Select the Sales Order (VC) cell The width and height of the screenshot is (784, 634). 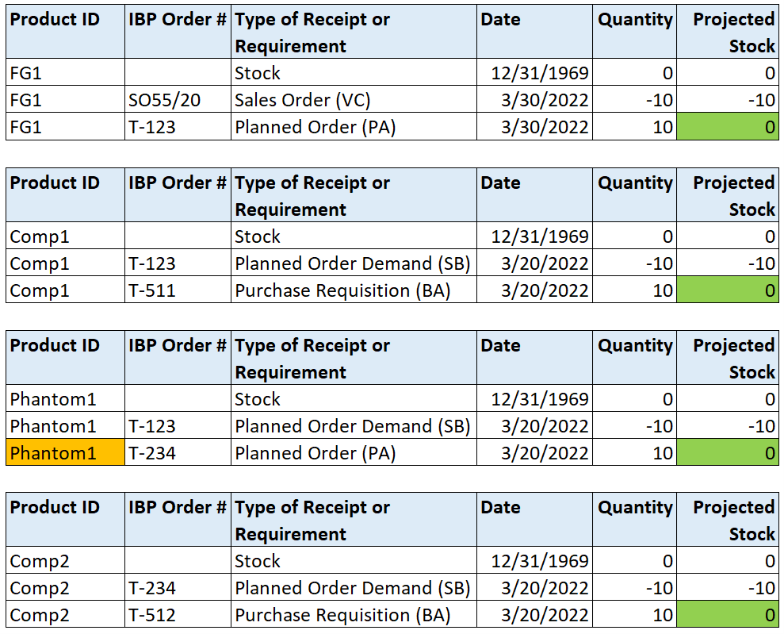tap(302, 100)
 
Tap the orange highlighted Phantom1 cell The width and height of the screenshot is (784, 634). tap(65, 453)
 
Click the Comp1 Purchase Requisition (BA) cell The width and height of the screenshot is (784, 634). tap(342, 290)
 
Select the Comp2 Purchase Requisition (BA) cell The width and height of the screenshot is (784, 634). tap(342, 615)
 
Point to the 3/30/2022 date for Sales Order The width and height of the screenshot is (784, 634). tap(545, 100)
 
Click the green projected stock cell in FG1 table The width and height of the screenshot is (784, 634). tap(727, 127)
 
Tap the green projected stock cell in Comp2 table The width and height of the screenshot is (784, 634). tap(727, 615)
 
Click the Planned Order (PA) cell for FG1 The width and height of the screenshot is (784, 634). tap(315, 127)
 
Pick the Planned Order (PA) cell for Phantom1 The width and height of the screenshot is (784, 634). tap(315, 453)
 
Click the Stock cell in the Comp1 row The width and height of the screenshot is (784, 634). tap(258, 236)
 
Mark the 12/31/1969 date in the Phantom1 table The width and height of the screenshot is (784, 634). tap(540, 399)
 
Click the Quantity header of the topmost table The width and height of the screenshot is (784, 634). tap(635, 20)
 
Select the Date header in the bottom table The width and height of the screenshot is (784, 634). tap(500, 508)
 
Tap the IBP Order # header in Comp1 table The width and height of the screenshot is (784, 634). tap(177, 183)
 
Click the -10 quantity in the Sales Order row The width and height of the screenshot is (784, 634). tap(660, 100)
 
